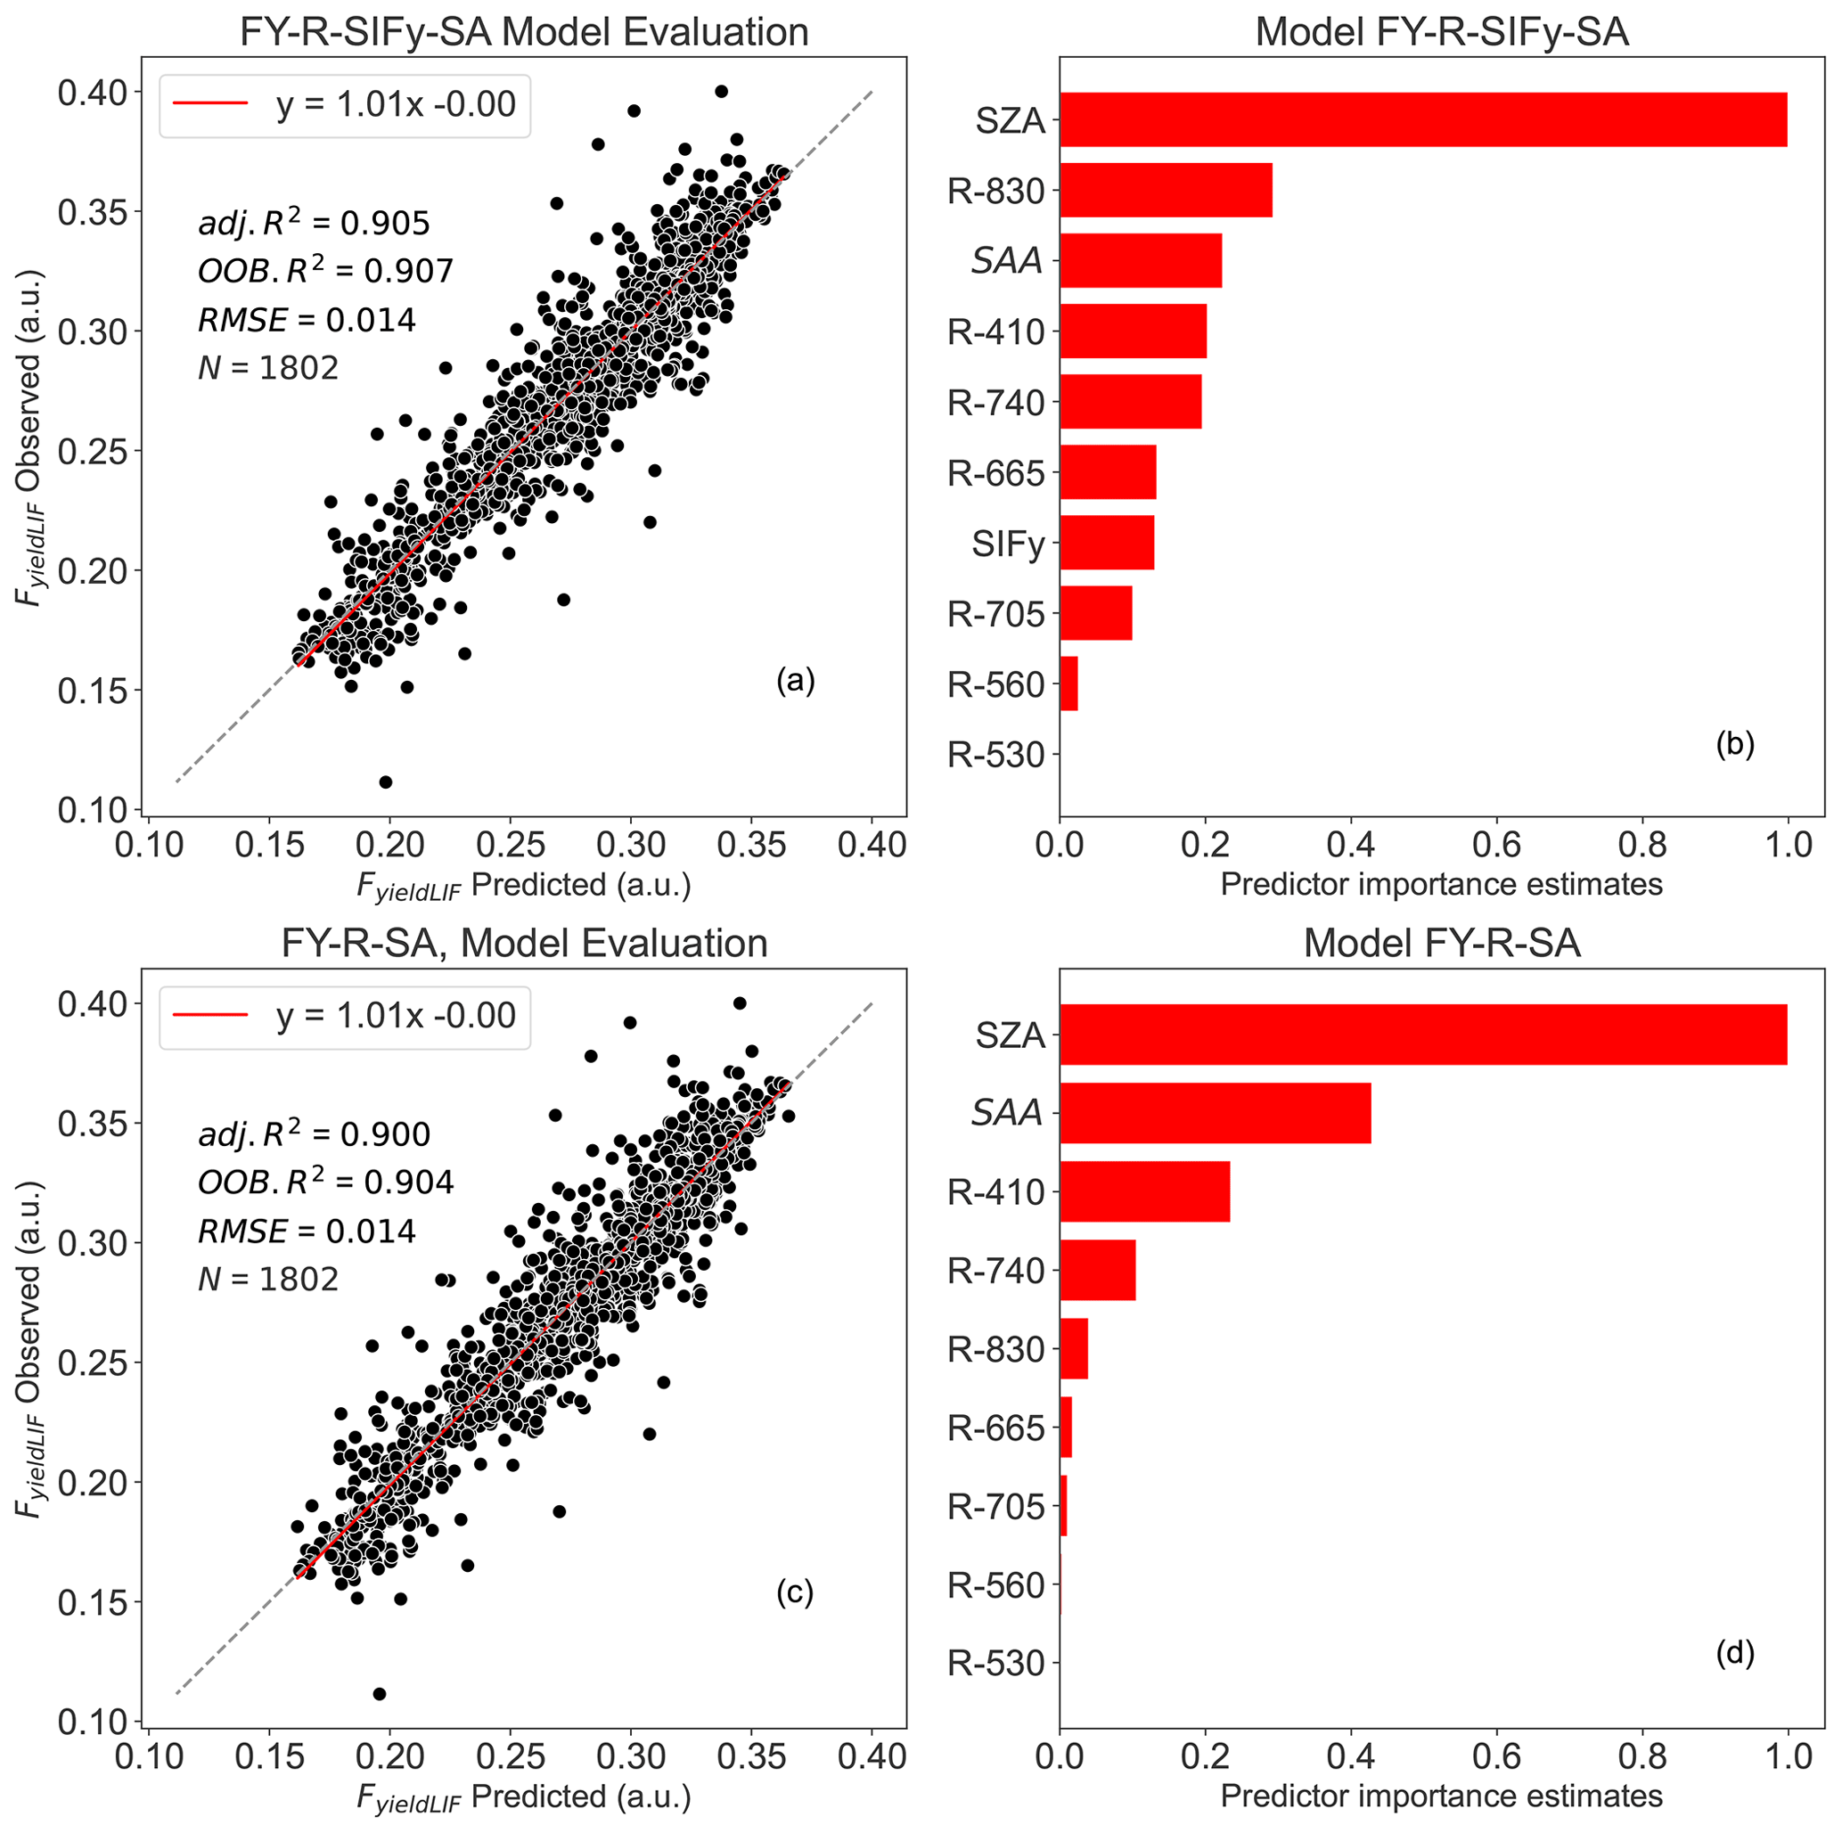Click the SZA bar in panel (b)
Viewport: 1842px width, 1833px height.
click(1422, 119)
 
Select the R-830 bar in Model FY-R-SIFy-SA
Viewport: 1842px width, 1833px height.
click(1165, 190)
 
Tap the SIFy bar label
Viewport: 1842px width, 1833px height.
click(1008, 544)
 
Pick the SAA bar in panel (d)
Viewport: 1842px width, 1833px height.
click(1215, 1112)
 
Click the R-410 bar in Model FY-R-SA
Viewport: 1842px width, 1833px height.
click(1144, 1191)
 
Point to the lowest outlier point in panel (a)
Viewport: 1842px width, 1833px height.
click(385, 781)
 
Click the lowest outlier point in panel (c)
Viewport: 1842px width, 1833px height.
click(379, 1694)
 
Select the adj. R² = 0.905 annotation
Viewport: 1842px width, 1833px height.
click(314, 223)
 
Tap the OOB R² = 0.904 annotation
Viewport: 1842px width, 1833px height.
click(325, 1182)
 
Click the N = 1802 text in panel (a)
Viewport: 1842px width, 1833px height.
click(268, 367)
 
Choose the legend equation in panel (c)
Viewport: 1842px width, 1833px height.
click(396, 1016)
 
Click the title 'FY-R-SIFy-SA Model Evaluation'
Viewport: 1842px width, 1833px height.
click(523, 31)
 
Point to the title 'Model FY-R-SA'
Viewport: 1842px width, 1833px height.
click(1442, 943)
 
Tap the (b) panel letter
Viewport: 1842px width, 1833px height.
click(1734, 743)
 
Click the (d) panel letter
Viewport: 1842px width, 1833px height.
click(1734, 1653)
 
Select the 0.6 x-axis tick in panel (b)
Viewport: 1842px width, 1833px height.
click(1496, 844)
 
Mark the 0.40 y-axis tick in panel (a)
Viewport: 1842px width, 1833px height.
click(93, 93)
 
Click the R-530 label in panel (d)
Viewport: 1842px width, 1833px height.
click(995, 1664)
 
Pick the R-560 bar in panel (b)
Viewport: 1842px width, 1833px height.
click(1068, 683)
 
